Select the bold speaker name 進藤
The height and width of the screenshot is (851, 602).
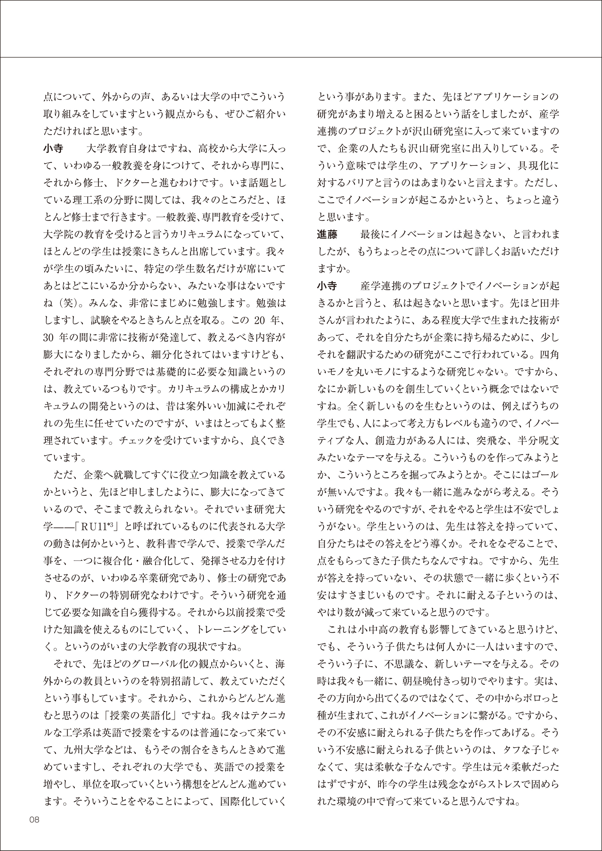point(327,235)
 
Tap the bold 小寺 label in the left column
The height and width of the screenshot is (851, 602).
point(53,149)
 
